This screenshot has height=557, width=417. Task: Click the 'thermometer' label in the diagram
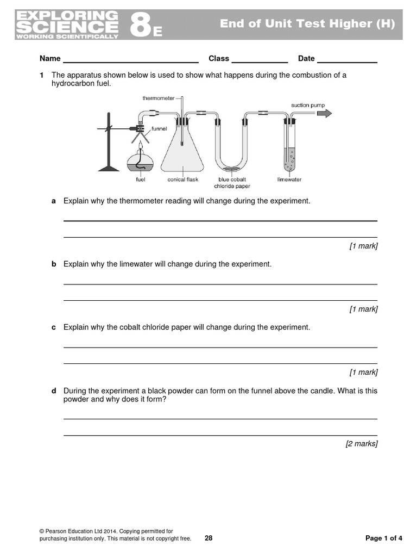159,98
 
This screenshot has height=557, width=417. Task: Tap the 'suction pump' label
308,104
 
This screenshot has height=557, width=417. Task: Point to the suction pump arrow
324,113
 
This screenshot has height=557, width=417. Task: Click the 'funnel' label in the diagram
160,129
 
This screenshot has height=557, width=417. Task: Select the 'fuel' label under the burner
140,180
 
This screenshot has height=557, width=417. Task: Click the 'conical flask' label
183,180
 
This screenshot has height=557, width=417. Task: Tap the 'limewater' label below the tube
289,180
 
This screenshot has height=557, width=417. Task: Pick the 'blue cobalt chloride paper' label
232,183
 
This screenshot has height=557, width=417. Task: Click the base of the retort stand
109,169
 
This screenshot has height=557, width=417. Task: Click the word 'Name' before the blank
49,59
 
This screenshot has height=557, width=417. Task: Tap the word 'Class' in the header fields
219,59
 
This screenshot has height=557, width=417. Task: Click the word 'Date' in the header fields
306,59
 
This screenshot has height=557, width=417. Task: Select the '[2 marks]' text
362,444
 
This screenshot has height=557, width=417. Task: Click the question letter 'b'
54,264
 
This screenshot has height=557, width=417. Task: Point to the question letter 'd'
54,391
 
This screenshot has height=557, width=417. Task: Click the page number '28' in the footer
208,539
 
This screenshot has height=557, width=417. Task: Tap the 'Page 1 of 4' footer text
384,539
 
